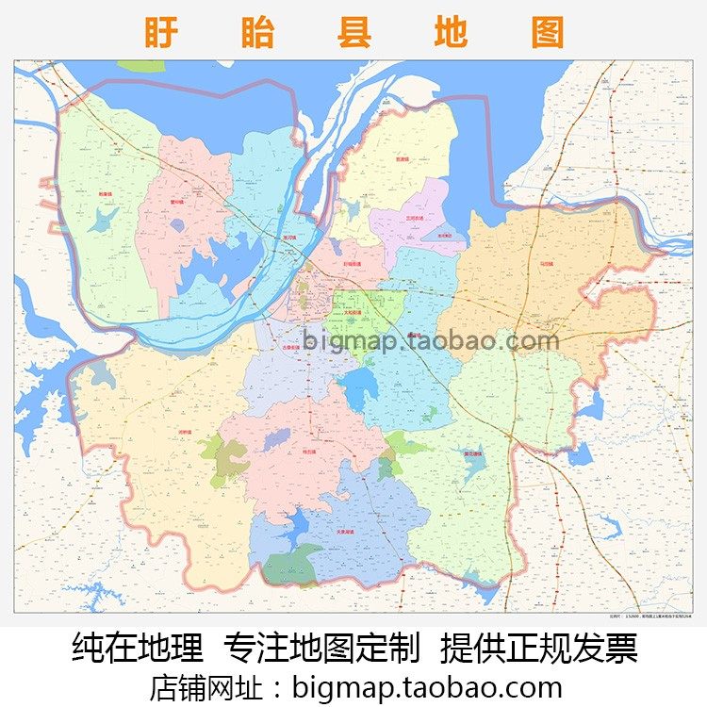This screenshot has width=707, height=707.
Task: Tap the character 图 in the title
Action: click(548, 32)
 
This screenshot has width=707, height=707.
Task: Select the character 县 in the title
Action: click(353, 32)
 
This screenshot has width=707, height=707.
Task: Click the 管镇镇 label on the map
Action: click(177, 201)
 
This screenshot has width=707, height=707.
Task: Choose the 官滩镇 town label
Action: click(403, 159)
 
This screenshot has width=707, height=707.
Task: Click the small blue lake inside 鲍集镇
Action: click(104, 220)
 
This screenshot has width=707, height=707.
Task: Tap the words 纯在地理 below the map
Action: click(138, 649)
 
